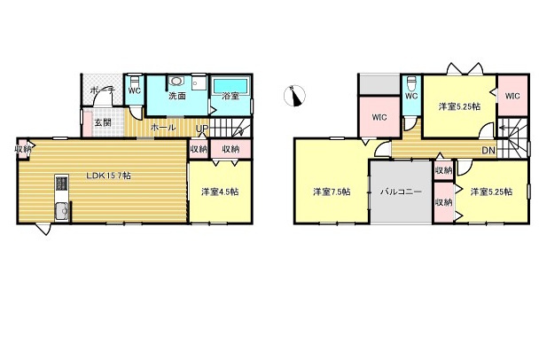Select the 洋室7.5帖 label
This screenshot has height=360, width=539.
tap(332, 192)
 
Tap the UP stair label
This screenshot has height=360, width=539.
tap(202, 129)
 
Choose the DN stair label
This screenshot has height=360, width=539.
tap(488, 150)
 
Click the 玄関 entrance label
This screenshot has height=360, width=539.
tap(102, 122)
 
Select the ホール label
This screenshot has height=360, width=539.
tap(162, 129)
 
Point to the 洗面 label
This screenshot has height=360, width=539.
tap(176, 96)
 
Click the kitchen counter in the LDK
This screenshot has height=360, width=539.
tap(61, 200)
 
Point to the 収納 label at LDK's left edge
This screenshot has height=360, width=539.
tap(23, 149)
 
